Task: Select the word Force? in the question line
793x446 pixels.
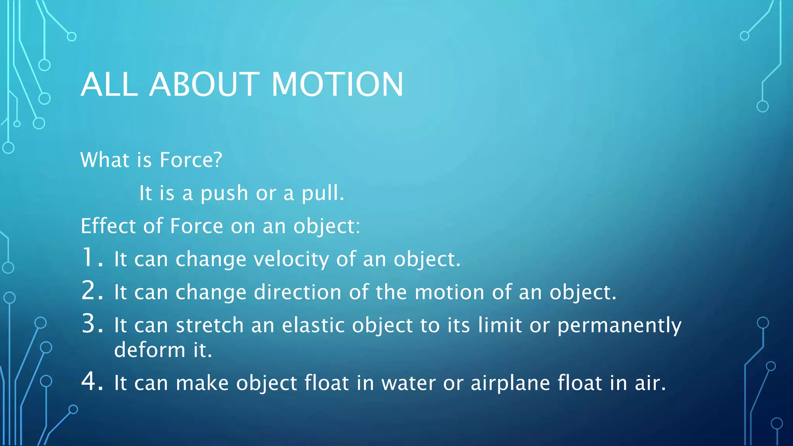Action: [x=191, y=160]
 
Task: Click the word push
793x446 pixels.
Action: [x=224, y=194]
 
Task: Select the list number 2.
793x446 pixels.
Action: [x=92, y=291]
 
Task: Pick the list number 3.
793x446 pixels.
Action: [x=92, y=324]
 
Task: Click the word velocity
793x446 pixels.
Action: [x=291, y=259]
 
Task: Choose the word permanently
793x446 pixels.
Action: [x=619, y=326]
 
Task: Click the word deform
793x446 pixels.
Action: [x=150, y=350]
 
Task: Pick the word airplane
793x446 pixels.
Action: [x=510, y=383]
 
